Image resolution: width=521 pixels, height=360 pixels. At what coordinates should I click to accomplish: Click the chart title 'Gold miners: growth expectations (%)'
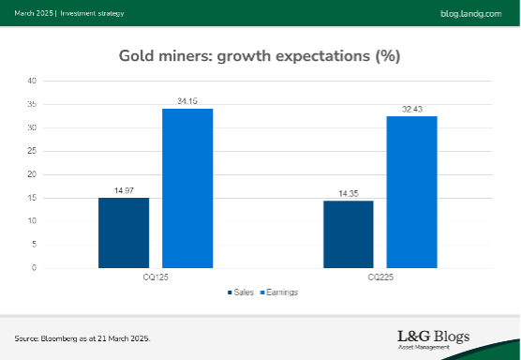[260, 55]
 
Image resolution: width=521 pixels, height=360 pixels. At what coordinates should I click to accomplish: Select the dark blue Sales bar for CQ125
[124, 232]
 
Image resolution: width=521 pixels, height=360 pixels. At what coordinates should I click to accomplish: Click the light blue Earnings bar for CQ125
[187, 188]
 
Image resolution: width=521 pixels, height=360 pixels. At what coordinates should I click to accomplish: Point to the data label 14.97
[124, 191]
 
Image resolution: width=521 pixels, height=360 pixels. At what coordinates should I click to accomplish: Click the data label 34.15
[187, 102]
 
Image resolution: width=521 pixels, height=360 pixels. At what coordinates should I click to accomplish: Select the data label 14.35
[349, 194]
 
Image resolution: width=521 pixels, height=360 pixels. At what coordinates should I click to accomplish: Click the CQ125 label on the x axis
[156, 277]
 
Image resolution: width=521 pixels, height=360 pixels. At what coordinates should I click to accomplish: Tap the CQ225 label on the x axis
[380, 277]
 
